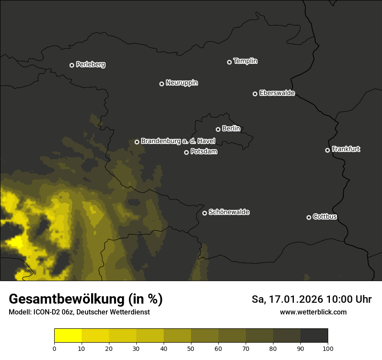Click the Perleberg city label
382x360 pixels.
pos(91,65)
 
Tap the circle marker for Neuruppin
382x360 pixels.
pos(161,84)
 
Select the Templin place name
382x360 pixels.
pos(246,61)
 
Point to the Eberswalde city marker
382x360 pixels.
pos(255,94)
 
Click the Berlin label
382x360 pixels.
pos(231,128)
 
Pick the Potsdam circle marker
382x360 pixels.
pos(186,152)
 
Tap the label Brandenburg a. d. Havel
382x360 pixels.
pos(178,141)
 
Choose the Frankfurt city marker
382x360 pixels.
pos(327,150)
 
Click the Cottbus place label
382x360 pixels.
pos(325,216)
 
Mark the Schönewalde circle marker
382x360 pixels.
pos(204,213)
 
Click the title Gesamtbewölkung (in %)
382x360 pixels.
pos(86,299)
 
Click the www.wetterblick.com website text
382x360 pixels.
pos(313,312)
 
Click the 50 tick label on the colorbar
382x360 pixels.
pos(191,348)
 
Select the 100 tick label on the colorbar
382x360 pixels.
pos(328,348)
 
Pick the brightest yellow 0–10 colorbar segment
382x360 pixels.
pos(68,336)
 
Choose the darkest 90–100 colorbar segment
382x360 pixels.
pos(314,336)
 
